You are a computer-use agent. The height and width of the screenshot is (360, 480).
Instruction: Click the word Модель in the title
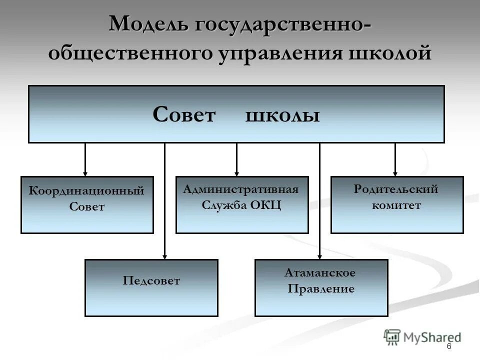(144, 24)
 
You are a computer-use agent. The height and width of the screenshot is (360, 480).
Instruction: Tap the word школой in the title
(394, 53)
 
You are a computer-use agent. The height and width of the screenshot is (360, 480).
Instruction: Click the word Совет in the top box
(183, 115)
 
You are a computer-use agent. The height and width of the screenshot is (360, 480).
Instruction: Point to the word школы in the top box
(282, 116)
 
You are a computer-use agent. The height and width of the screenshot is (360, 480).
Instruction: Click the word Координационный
(86, 190)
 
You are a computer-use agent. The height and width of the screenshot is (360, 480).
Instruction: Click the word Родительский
(396, 189)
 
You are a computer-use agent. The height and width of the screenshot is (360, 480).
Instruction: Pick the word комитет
(396, 205)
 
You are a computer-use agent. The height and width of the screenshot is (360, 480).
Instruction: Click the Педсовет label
(151, 281)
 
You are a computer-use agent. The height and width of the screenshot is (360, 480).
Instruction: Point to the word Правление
(321, 289)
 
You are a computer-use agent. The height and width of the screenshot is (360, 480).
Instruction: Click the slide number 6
(449, 347)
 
